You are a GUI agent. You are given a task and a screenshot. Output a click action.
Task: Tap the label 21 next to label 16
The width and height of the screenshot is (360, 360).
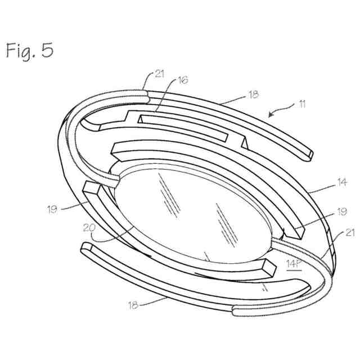[x=160, y=74]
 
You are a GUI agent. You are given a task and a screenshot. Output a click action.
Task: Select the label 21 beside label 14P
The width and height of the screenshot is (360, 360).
[x=336, y=233]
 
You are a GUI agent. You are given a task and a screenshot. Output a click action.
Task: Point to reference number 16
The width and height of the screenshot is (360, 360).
[x=183, y=80]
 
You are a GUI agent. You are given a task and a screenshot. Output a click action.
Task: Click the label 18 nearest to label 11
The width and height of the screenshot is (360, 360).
[x=254, y=96]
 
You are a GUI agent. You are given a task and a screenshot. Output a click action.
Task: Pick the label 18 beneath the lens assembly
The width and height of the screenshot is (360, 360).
[x=132, y=305]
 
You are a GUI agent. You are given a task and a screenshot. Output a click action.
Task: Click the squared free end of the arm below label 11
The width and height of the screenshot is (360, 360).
[x=306, y=152]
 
